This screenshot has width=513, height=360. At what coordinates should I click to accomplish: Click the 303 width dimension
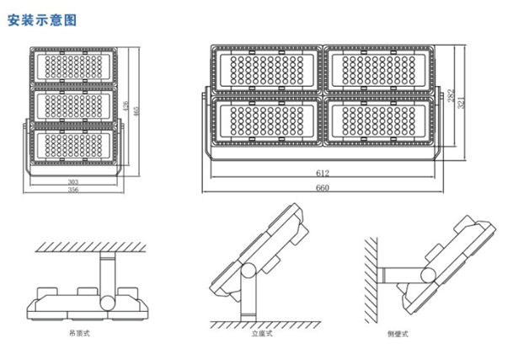[x=74, y=182]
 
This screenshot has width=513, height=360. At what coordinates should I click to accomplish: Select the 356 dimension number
[x=74, y=191]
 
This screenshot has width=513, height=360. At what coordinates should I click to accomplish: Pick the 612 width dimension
[x=323, y=174]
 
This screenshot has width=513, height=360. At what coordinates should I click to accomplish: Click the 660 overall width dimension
[x=323, y=188]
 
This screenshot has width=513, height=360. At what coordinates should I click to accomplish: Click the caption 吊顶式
[x=82, y=334]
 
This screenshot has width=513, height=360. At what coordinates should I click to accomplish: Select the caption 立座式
[x=260, y=334]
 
